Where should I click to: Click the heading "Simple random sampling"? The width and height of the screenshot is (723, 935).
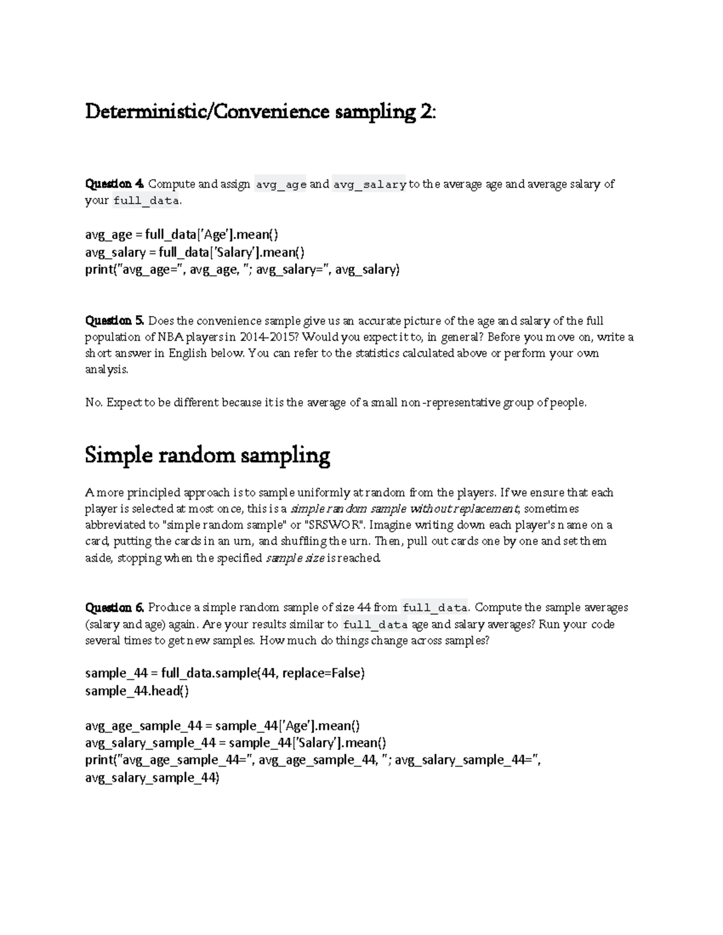[x=207, y=455]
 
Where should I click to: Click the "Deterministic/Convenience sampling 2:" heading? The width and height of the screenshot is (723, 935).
[x=259, y=112]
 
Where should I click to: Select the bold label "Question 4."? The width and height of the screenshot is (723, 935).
[x=115, y=184]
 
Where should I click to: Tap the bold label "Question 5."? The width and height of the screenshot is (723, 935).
[x=115, y=321]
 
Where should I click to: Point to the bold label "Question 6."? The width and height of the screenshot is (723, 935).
[x=115, y=607]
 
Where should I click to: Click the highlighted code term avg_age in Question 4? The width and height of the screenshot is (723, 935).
[x=281, y=185]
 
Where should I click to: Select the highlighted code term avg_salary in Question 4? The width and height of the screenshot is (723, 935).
[x=369, y=185]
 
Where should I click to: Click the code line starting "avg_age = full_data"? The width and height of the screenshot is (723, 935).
[x=181, y=234]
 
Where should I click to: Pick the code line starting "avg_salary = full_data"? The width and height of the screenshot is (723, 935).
[x=195, y=252]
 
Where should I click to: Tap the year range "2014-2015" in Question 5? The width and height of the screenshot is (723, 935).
[x=266, y=337]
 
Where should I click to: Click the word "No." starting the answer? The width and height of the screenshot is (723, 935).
[x=94, y=403]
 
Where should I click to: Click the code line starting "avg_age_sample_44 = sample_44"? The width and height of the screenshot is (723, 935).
[x=222, y=725]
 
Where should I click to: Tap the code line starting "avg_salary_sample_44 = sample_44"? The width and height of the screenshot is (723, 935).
[x=236, y=742]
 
